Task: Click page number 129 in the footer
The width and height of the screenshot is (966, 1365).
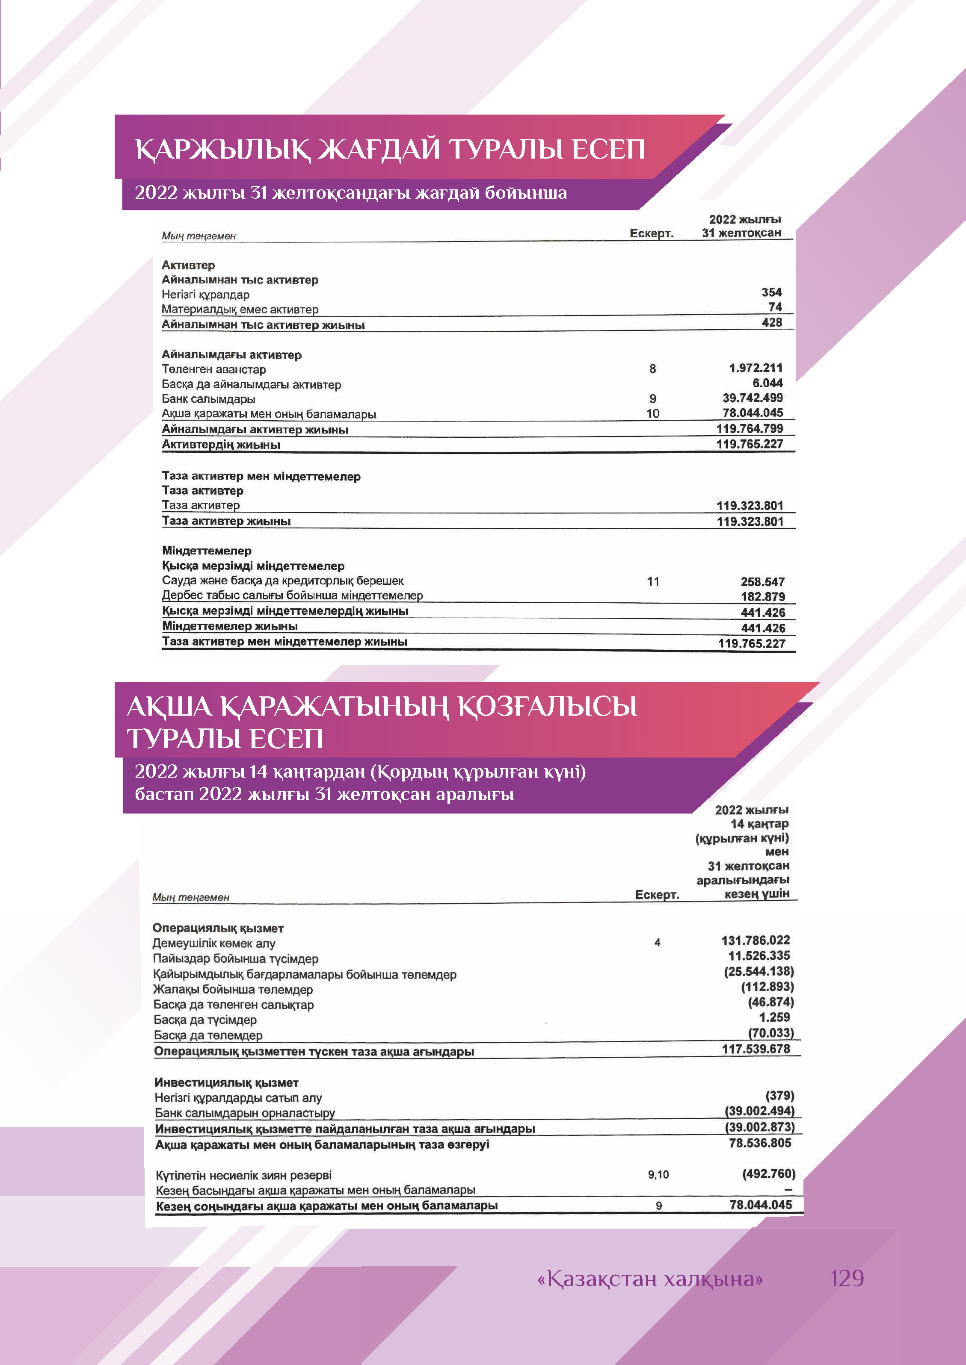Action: click(x=847, y=1278)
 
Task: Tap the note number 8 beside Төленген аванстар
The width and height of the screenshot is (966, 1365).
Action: click(x=652, y=369)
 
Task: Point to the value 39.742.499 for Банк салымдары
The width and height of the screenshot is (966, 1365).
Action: click(x=753, y=398)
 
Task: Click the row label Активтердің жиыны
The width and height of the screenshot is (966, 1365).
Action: click(x=221, y=445)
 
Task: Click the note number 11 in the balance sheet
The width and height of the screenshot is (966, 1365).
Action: click(x=653, y=581)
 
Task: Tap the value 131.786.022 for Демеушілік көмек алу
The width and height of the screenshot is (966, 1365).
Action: click(x=756, y=940)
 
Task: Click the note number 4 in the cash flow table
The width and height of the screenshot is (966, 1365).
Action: click(x=657, y=942)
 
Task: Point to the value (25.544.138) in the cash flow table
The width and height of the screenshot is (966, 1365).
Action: click(x=759, y=971)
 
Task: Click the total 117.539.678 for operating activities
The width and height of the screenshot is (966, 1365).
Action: click(x=756, y=1049)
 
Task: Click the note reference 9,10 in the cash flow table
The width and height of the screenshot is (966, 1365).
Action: click(x=658, y=1174)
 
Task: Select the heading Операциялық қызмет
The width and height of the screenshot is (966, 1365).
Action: click(x=218, y=928)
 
